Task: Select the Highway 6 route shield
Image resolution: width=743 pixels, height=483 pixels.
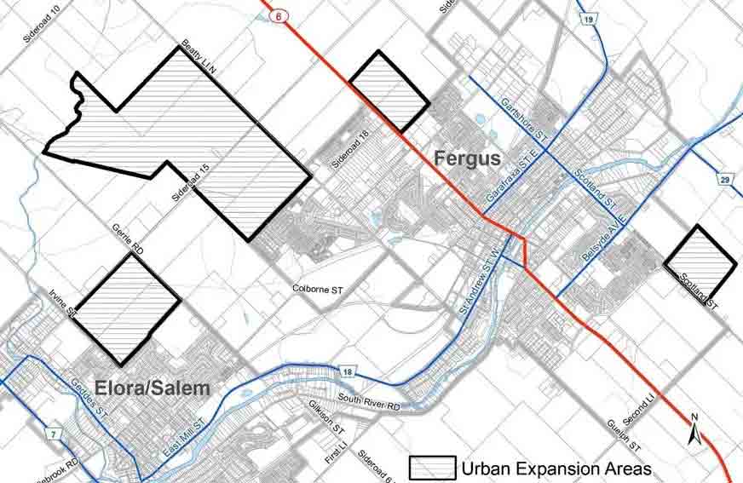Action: [278, 15]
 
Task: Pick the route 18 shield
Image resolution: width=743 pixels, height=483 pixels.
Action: [348, 371]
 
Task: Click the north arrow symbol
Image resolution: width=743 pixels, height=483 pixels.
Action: [694, 431]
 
